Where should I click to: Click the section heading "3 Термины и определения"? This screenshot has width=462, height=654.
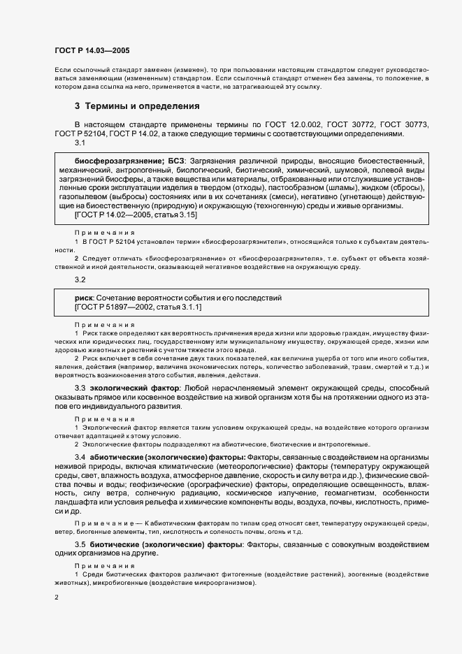[137, 107]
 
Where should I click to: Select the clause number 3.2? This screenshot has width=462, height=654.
[80, 279]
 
